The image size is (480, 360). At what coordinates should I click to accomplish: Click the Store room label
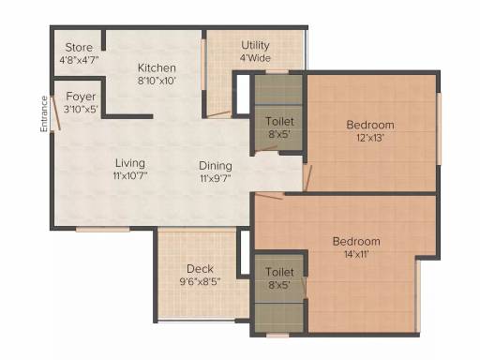(79, 48)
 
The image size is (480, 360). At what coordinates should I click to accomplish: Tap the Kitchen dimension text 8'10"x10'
(157, 81)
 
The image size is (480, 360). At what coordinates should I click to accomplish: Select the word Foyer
(81, 97)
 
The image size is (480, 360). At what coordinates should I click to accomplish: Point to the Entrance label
(44, 113)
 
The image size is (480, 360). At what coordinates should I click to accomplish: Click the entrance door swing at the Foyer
(56, 112)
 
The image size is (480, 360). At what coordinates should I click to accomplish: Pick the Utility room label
(255, 46)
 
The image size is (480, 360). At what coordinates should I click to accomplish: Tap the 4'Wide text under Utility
(255, 58)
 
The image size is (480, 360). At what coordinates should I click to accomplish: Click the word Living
(130, 163)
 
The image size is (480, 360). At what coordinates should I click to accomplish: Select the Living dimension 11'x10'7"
(130, 176)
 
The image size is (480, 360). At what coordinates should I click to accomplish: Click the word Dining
(216, 166)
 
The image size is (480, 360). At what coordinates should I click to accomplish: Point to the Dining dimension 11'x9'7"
(216, 178)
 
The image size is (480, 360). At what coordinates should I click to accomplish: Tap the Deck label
(200, 269)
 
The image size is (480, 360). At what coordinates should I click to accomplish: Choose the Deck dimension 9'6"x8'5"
(200, 282)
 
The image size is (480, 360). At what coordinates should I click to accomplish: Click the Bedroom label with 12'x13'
(370, 125)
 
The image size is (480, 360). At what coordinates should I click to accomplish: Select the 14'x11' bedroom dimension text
(356, 254)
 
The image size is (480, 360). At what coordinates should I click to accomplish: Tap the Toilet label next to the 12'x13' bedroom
(279, 121)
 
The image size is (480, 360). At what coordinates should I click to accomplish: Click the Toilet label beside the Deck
(279, 272)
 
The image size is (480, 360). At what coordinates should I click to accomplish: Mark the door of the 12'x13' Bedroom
(307, 178)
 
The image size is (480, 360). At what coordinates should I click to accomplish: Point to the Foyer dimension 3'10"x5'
(81, 110)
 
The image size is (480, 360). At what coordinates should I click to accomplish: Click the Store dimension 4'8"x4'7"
(79, 60)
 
